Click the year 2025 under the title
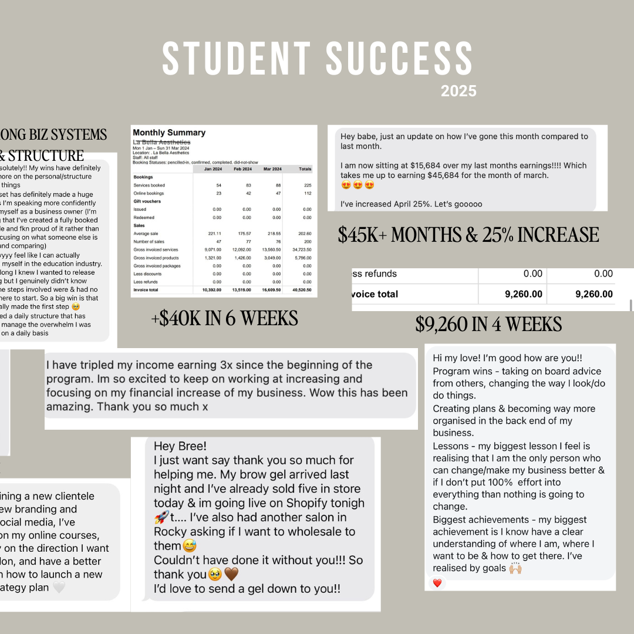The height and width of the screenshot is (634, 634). (x=458, y=92)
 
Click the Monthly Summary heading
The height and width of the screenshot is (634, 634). (x=169, y=133)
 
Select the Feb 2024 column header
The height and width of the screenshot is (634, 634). (x=242, y=169)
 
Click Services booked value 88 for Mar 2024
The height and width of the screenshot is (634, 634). (x=275, y=186)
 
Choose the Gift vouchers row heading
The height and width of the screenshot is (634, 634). (x=147, y=201)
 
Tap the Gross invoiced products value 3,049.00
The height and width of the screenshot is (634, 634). (x=271, y=258)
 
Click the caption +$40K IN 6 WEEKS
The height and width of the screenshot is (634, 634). (x=224, y=319)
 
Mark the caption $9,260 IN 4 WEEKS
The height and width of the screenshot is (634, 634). (x=488, y=325)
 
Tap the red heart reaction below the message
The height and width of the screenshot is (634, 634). (x=437, y=583)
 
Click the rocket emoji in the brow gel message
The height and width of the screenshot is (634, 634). (x=161, y=518)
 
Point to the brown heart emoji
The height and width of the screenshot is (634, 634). (x=231, y=575)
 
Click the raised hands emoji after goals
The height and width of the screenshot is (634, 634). (x=515, y=568)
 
